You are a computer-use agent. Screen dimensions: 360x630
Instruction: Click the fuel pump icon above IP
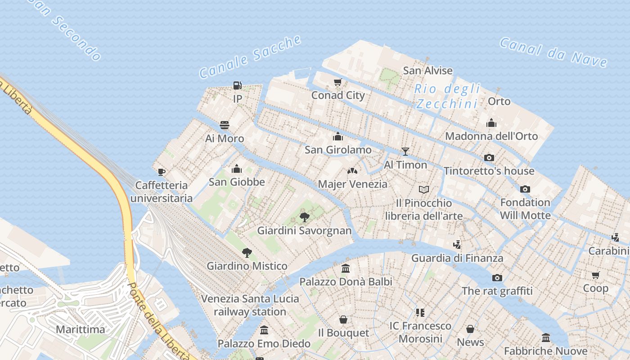[238, 85]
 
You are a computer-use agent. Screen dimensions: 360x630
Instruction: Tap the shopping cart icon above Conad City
[338, 82]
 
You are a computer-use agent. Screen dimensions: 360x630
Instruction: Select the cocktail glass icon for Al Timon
[405, 151]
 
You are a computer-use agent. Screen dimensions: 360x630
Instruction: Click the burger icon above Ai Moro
[225, 125]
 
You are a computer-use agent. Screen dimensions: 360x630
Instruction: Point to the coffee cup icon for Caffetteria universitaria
[162, 172]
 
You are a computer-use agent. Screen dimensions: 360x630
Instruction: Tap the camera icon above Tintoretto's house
[489, 157]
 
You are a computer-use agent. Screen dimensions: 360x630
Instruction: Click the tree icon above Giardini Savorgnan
[305, 217]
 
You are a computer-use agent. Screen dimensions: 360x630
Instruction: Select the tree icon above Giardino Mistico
[247, 252]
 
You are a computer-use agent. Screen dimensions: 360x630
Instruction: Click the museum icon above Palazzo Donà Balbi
[346, 269]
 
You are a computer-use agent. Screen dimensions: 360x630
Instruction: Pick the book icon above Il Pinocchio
[424, 189]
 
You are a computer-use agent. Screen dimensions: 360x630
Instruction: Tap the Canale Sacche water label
[250, 56]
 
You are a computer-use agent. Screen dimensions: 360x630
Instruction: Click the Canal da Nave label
[553, 52]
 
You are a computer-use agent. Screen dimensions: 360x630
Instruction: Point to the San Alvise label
[427, 71]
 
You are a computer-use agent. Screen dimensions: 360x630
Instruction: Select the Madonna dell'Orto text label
[491, 136]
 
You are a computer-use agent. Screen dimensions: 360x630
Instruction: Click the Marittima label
[81, 329]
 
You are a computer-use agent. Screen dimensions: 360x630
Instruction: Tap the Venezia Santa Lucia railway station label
[250, 305]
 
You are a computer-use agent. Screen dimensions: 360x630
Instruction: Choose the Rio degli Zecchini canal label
[447, 96]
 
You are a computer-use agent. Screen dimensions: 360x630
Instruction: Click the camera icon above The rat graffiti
[497, 278]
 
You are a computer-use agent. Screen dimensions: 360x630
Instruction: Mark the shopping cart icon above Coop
[596, 275]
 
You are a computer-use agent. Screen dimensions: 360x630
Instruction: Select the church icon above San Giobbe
[237, 169]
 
